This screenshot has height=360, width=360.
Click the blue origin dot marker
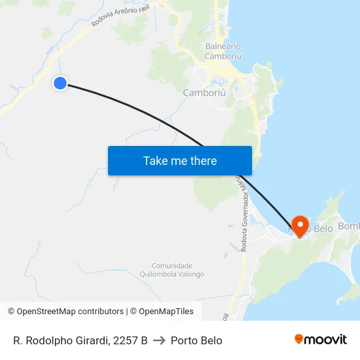pos(60,82)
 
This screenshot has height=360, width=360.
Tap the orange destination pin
pos(300,226)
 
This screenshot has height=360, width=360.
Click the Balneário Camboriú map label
pos(223,51)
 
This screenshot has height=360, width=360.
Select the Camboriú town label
pos(204,93)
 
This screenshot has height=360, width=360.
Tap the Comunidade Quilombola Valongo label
pos(172,270)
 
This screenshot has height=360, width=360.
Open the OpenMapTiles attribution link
pos(162,312)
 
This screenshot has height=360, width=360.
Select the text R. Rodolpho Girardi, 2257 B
pos(81,340)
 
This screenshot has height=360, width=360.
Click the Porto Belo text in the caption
pos(196,340)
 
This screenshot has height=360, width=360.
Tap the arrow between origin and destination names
pos(159,340)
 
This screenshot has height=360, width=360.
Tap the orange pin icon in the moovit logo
pos(299,339)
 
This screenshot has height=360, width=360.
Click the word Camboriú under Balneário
pos(223,56)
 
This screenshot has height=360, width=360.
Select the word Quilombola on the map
pos(157,274)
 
